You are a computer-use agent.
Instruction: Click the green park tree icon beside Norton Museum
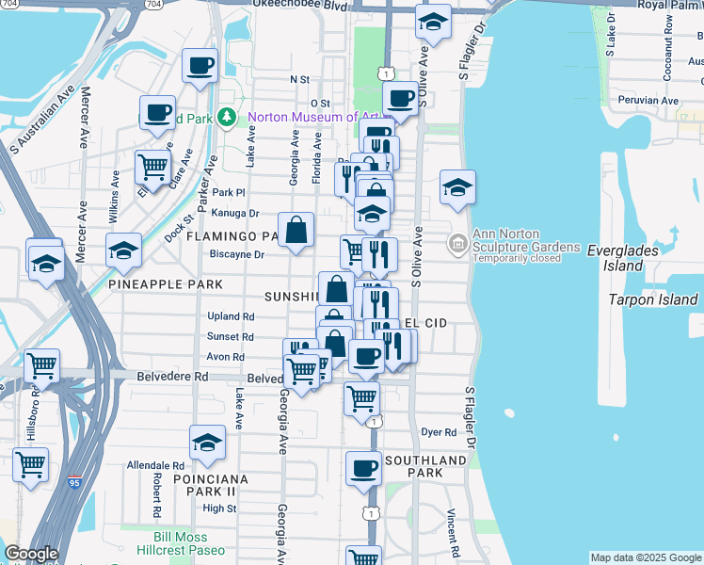click(x=226, y=118)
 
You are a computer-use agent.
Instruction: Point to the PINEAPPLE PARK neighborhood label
click(x=165, y=283)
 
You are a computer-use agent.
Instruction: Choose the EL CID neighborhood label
click(x=424, y=323)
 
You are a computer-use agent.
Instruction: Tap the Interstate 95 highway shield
click(x=74, y=483)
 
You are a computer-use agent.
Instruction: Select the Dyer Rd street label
click(x=438, y=432)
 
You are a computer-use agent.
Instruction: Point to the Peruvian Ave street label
click(x=648, y=100)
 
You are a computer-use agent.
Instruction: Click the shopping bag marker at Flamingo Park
click(x=296, y=230)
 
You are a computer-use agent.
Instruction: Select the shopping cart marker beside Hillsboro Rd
click(x=31, y=463)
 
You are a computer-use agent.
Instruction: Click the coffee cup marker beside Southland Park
click(x=362, y=468)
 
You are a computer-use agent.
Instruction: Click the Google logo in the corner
click(x=30, y=554)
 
